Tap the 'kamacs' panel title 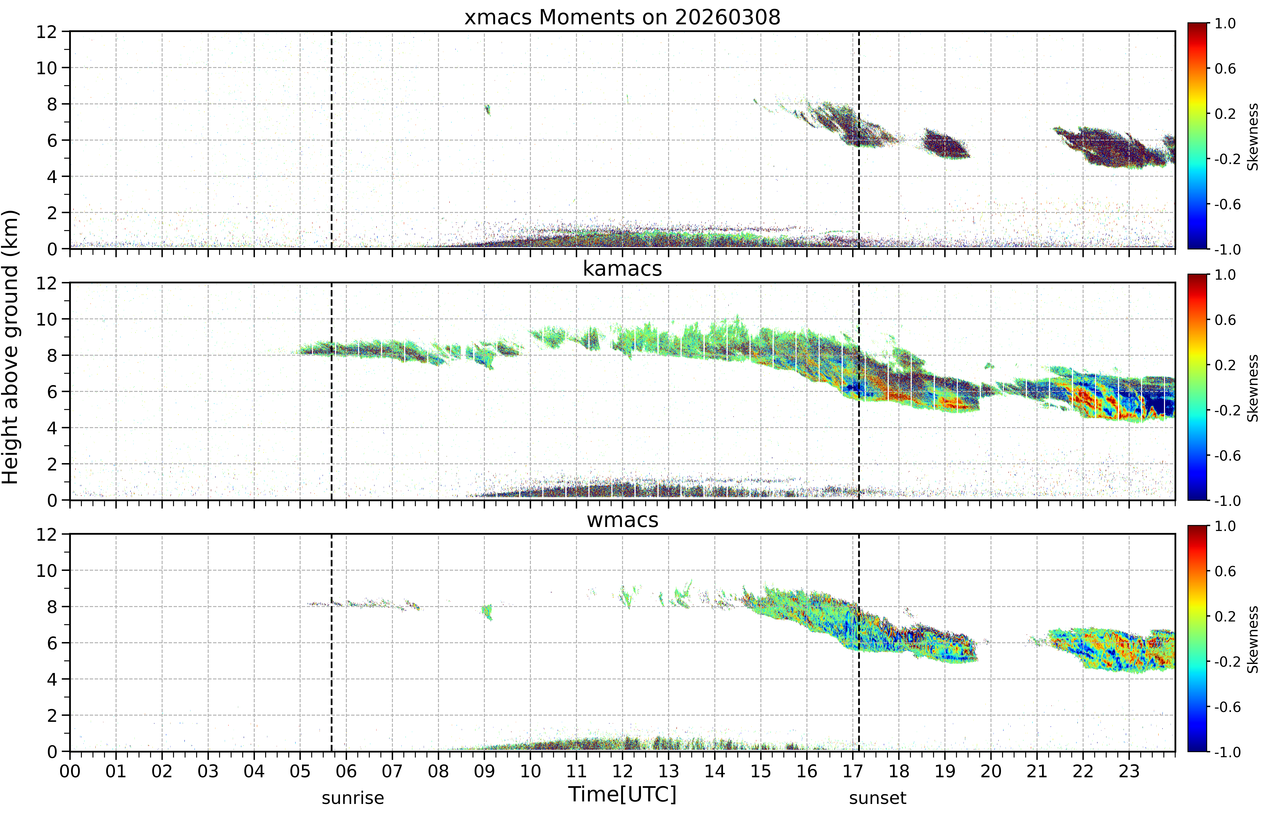coord(622,269)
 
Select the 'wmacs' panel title coord(622,520)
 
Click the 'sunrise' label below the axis coord(353,798)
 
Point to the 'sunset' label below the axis coord(878,798)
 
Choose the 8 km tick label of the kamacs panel coord(52,356)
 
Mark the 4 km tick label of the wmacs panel coord(52,679)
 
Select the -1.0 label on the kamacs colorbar coord(1228,501)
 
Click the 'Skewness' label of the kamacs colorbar coord(1253,388)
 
